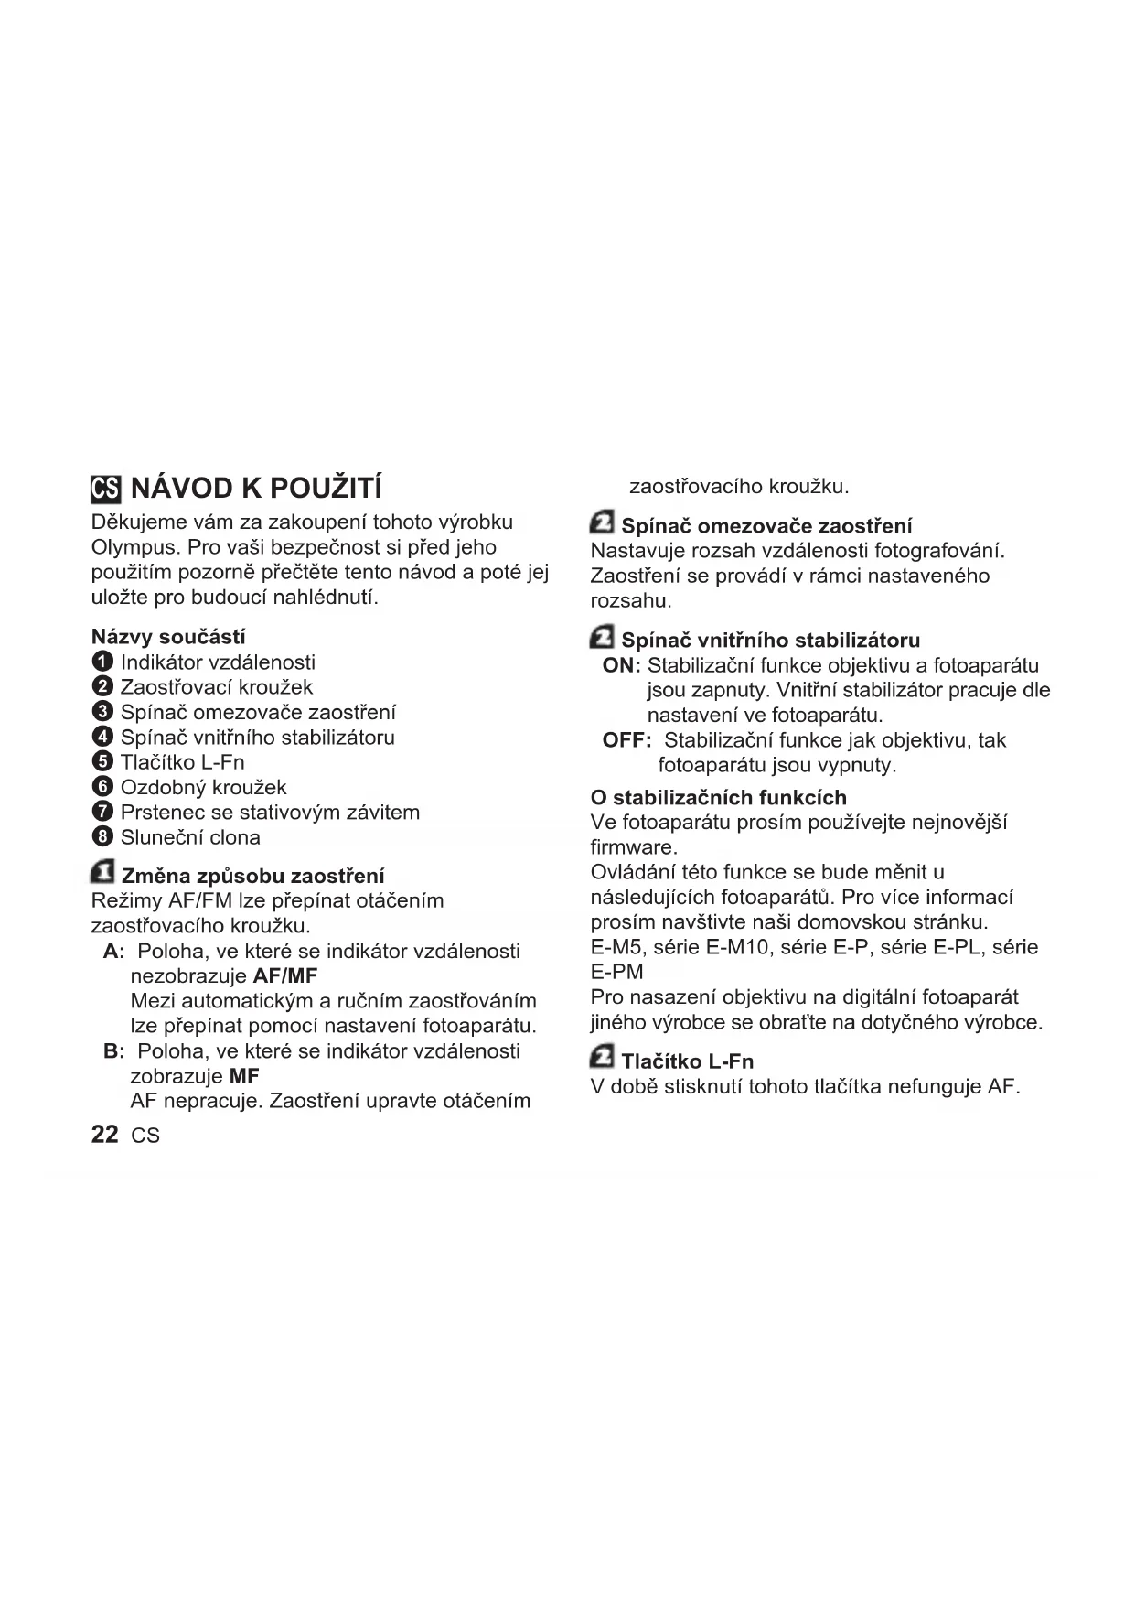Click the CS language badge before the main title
click(x=105, y=489)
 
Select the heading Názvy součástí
click(x=168, y=637)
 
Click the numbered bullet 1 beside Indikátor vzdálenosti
click(x=103, y=662)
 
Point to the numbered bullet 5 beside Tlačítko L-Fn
click(x=103, y=762)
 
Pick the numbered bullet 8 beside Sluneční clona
click(x=103, y=837)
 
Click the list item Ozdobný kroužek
click(x=203, y=787)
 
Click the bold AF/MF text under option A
click(x=284, y=975)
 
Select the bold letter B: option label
click(x=114, y=1051)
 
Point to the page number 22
click(x=104, y=1135)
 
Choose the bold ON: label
click(x=621, y=665)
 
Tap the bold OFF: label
click(x=626, y=740)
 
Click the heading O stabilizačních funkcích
click(x=718, y=797)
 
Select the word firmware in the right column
click(x=632, y=847)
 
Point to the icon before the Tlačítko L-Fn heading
click(x=602, y=1058)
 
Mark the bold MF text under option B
click(x=244, y=1076)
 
